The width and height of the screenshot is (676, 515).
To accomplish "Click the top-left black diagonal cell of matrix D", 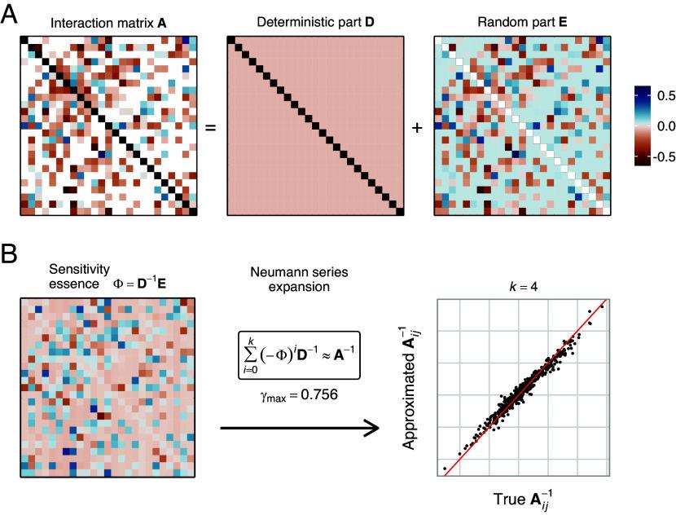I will point(231,42).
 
